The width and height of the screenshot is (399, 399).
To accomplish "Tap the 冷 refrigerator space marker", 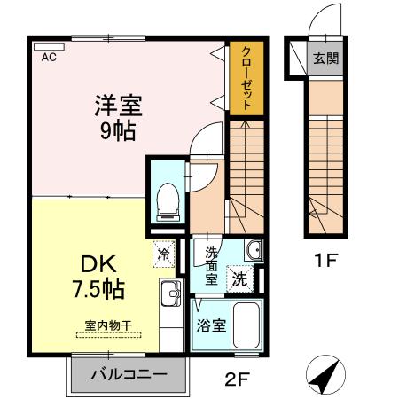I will tap(164, 253).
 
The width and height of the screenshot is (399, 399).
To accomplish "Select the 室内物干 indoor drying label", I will tap(109, 326).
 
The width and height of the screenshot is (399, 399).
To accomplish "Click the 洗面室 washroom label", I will tap(212, 263).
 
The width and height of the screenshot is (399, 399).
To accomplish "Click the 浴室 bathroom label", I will tap(210, 325).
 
